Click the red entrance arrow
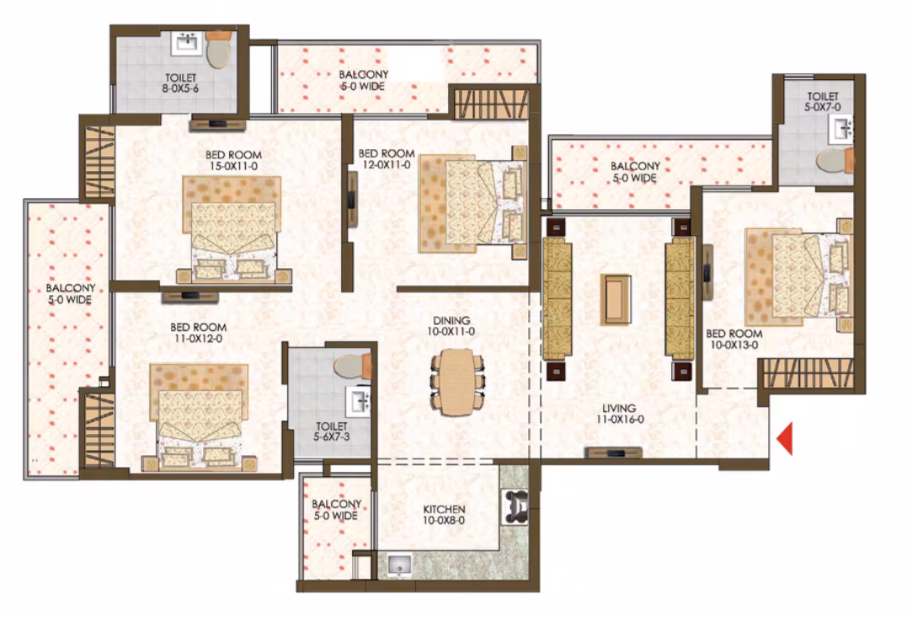click(x=785, y=438)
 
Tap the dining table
click(x=456, y=382)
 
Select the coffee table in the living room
click(x=616, y=299)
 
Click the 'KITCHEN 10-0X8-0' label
click(x=444, y=514)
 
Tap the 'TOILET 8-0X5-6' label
click(x=180, y=83)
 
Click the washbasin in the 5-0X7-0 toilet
click(x=841, y=128)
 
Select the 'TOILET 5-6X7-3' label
click(x=331, y=432)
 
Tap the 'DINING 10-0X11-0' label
click(x=451, y=325)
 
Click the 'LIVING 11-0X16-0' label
click(x=620, y=414)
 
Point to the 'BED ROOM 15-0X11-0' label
click(x=233, y=160)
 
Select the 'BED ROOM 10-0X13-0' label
click(x=734, y=339)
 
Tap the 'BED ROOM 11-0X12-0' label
click(x=199, y=333)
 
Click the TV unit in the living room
click(x=614, y=453)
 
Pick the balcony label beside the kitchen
click(x=336, y=509)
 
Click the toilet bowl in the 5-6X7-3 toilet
click(x=352, y=366)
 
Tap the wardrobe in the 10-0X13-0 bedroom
click(x=809, y=373)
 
